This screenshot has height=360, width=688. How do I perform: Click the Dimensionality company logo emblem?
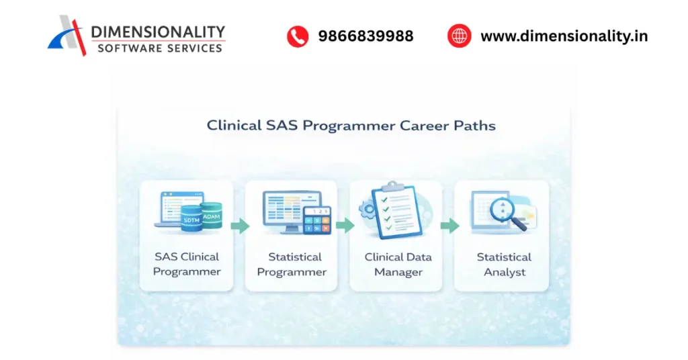[x=68, y=35]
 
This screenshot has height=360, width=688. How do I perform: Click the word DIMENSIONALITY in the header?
[x=158, y=32]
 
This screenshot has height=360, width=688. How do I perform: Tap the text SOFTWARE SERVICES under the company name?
[x=159, y=48]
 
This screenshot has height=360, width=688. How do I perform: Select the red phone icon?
[x=297, y=36]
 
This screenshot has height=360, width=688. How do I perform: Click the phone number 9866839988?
[x=365, y=36]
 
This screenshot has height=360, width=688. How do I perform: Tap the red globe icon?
[x=460, y=36]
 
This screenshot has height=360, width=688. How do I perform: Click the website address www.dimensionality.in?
[x=564, y=36]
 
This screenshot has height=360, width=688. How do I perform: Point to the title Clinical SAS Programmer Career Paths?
[x=351, y=126]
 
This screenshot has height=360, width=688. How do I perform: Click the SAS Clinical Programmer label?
[x=187, y=264]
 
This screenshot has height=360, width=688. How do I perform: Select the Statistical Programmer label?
[x=292, y=264]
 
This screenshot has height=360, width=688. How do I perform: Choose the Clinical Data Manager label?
[x=398, y=264]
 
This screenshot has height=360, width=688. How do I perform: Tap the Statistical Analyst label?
[x=504, y=264]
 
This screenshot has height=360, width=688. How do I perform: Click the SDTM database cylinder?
[x=191, y=220]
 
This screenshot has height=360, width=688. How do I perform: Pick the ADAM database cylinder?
[x=211, y=215]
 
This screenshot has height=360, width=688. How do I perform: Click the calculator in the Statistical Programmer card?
[x=317, y=220]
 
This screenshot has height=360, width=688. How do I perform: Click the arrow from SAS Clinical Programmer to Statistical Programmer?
[x=239, y=226]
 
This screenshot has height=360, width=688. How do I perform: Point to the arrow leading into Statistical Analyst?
[x=449, y=226]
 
